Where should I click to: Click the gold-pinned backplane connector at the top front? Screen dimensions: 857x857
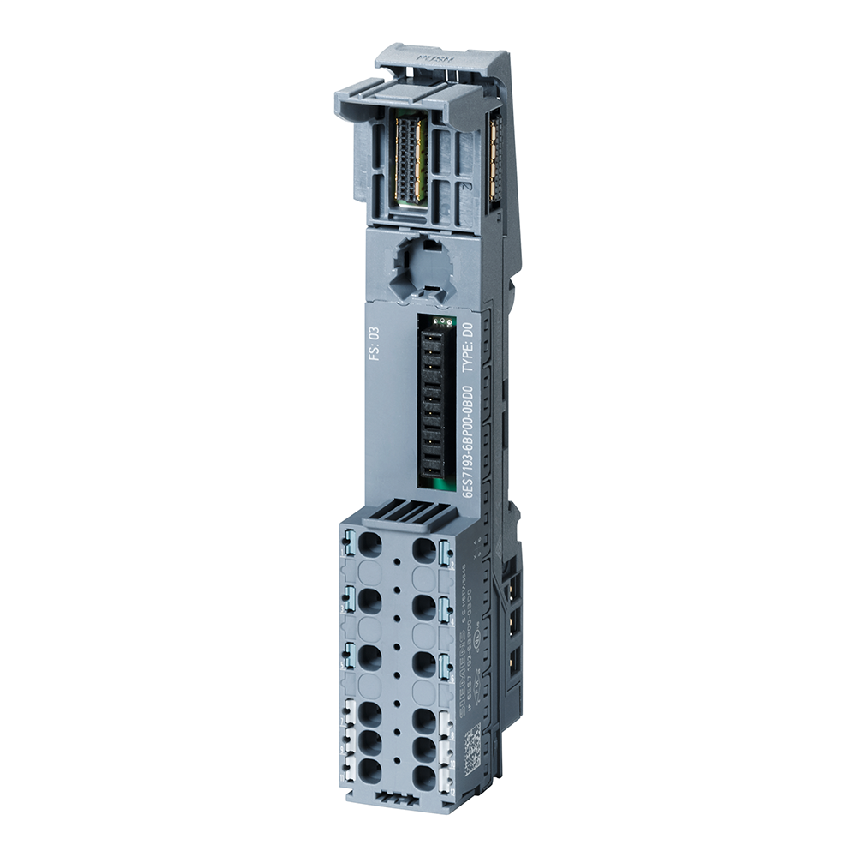pyautogui.click(x=409, y=159)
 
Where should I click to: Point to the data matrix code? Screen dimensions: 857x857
pyautogui.click(x=474, y=741)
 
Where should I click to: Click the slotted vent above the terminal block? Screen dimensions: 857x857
pyautogui.click(x=407, y=513)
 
